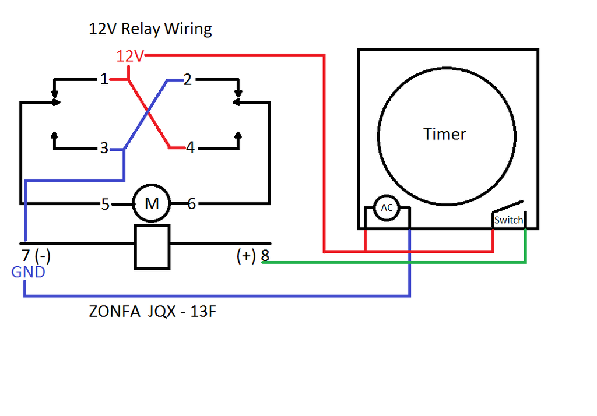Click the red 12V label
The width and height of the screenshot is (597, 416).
[129, 57]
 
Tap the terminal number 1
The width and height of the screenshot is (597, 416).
[104, 80]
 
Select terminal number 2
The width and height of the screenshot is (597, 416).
[187, 80]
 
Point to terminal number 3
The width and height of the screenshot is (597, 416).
[104, 149]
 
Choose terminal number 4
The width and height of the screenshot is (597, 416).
[190, 147]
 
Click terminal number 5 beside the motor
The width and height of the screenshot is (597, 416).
[105, 204]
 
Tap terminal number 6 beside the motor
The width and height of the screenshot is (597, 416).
[192, 204]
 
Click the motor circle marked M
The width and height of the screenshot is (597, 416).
[152, 203]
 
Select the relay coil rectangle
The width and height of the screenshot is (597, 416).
[152, 246]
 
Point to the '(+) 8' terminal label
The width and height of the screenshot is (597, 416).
[253, 256]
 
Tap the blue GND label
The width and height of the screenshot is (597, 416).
[28, 272]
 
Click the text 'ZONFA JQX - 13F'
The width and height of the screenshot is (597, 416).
[153, 312]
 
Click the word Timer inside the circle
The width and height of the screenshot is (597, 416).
[445, 134]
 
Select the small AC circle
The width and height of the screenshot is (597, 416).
[387, 208]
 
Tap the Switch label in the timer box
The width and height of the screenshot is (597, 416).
[508, 220]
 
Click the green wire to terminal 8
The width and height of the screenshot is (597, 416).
[396, 262]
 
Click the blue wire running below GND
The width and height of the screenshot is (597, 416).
[216, 296]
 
